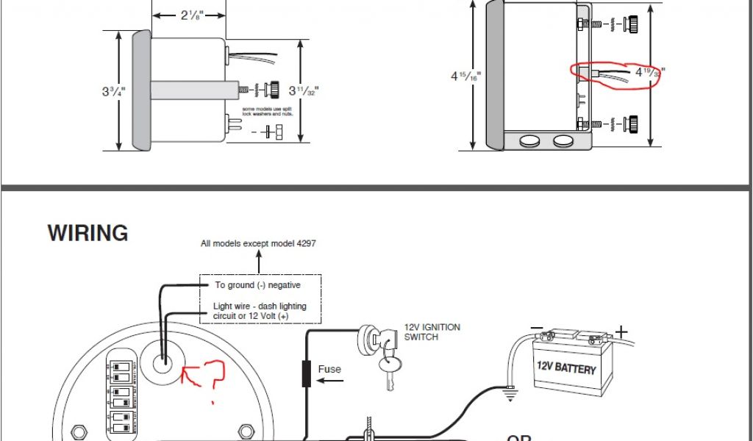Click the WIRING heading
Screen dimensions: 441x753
[88, 234]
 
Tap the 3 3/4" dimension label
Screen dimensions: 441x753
[113, 92]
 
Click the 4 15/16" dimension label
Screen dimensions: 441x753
[462, 76]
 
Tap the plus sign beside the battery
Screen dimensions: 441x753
[621, 332]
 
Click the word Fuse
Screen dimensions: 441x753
[329, 369]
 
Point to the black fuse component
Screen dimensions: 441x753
[304, 373]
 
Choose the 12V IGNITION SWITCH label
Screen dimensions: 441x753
[432, 331]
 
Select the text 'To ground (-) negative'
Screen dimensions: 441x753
[257, 285]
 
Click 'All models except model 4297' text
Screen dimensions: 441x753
[258, 243]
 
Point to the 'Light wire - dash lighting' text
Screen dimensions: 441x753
[260, 306]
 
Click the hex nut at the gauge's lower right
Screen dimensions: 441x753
[246, 429]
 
